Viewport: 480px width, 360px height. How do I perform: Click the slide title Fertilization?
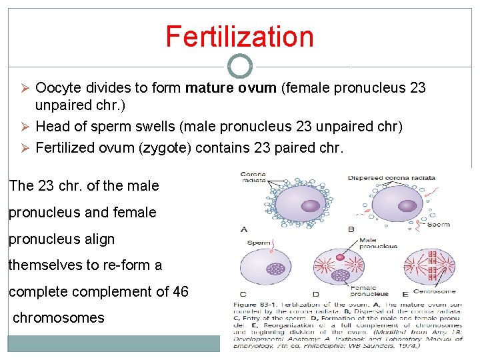pos(239,37)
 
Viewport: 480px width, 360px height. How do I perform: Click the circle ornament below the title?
pos(240,67)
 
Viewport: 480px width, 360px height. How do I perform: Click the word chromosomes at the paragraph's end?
pos(59,318)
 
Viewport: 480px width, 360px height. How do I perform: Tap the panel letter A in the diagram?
pos(244,229)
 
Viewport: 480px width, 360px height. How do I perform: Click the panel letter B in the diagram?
pos(351,229)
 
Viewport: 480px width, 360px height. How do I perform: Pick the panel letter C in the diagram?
pos(243,293)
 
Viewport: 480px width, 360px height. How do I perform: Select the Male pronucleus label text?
pos(377,243)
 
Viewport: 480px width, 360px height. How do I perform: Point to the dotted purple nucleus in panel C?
pos(275,269)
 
